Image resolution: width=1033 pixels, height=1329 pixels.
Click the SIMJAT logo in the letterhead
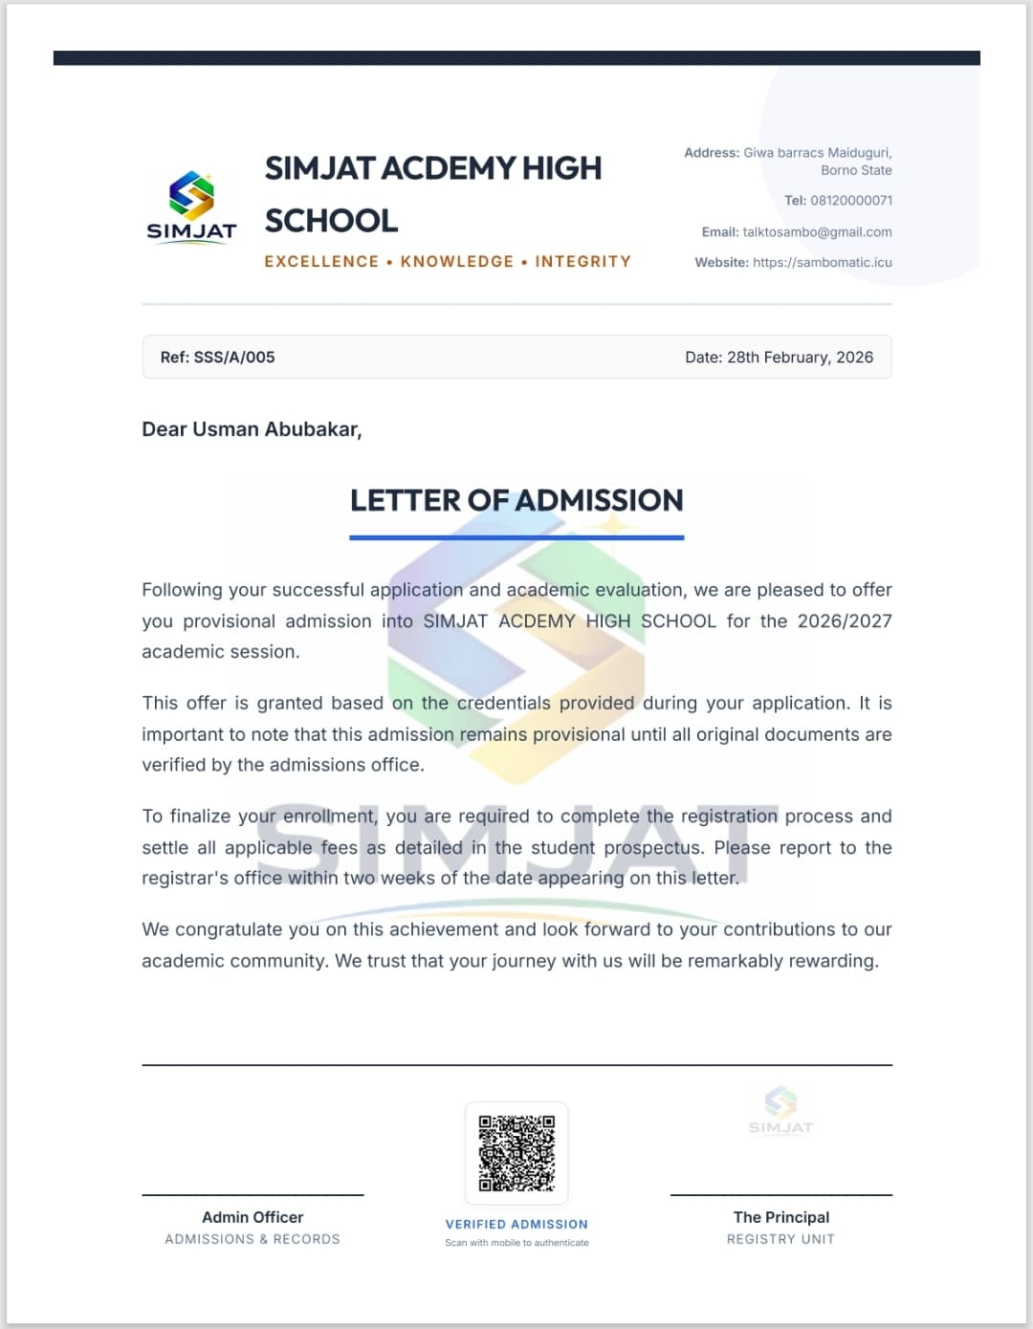coord(191,207)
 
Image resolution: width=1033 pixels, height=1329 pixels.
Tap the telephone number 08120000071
coord(851,201)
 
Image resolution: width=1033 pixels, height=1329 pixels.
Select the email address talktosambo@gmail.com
coord(817,232)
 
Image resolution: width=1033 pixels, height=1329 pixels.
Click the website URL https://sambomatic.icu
coord(822,263)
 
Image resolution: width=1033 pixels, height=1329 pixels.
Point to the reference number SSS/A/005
coord(233,358)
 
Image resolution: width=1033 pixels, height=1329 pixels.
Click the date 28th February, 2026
coord(800,358)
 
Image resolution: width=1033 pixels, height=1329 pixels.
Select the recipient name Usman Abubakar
coord(275,429)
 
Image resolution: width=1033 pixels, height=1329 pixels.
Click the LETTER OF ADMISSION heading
coord(516,500)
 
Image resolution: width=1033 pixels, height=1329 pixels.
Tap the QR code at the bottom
coord(516,1153)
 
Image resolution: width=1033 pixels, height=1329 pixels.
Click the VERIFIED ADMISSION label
coord(516,1225)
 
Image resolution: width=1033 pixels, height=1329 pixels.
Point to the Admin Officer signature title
coord(253,1218)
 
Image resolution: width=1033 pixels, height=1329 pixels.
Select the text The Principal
coord(780,1218)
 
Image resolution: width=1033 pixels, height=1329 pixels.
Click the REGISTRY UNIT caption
coord(780,1239)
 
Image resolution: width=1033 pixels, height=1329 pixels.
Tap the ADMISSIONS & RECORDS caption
coord(253,1239)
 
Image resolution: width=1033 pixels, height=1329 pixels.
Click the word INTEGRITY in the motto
coord(582,262)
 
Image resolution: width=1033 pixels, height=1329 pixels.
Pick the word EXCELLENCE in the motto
coord(321,262)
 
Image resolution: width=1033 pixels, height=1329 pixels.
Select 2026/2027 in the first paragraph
coord(844,621)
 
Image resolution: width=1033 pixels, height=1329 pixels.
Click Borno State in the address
coord(856,170)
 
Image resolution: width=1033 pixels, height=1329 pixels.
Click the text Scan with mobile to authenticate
coord(516,1243)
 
